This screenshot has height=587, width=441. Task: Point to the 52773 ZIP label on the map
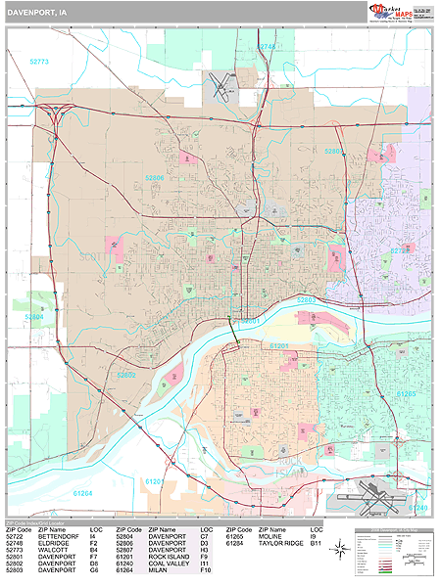(38, 61)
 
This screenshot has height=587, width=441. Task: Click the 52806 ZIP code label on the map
(155, 178)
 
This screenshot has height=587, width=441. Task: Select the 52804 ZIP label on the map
(33, 317)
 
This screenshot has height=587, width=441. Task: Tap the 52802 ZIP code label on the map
(126, 374)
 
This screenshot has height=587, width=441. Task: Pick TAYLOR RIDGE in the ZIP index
(284, 545)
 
